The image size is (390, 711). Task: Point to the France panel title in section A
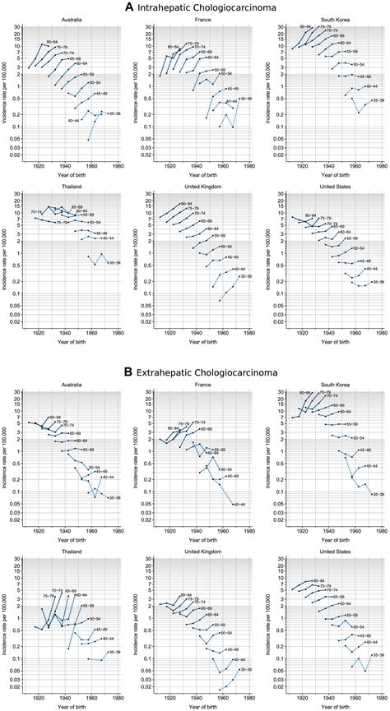point(198,20)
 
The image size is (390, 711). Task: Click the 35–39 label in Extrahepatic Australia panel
point(114,497)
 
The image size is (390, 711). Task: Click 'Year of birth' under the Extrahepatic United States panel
point(327,704)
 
